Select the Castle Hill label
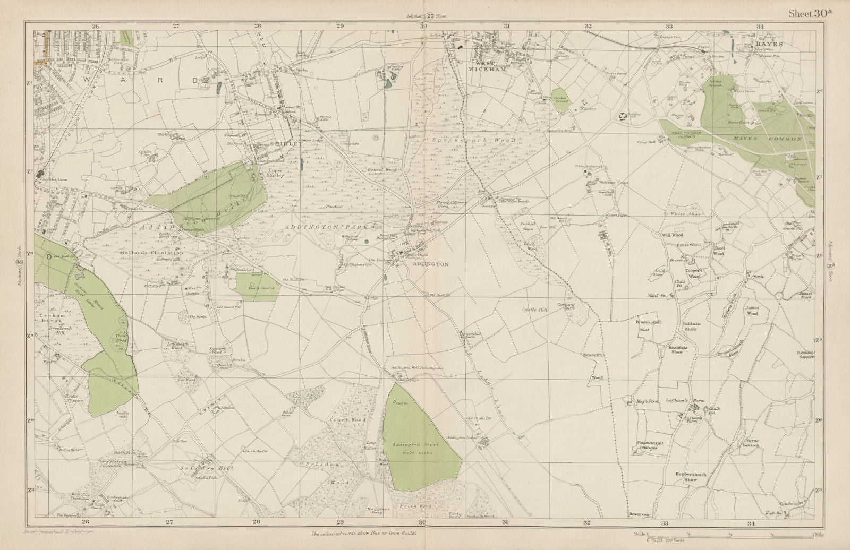point(534,308)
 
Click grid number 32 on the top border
point(588,25)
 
